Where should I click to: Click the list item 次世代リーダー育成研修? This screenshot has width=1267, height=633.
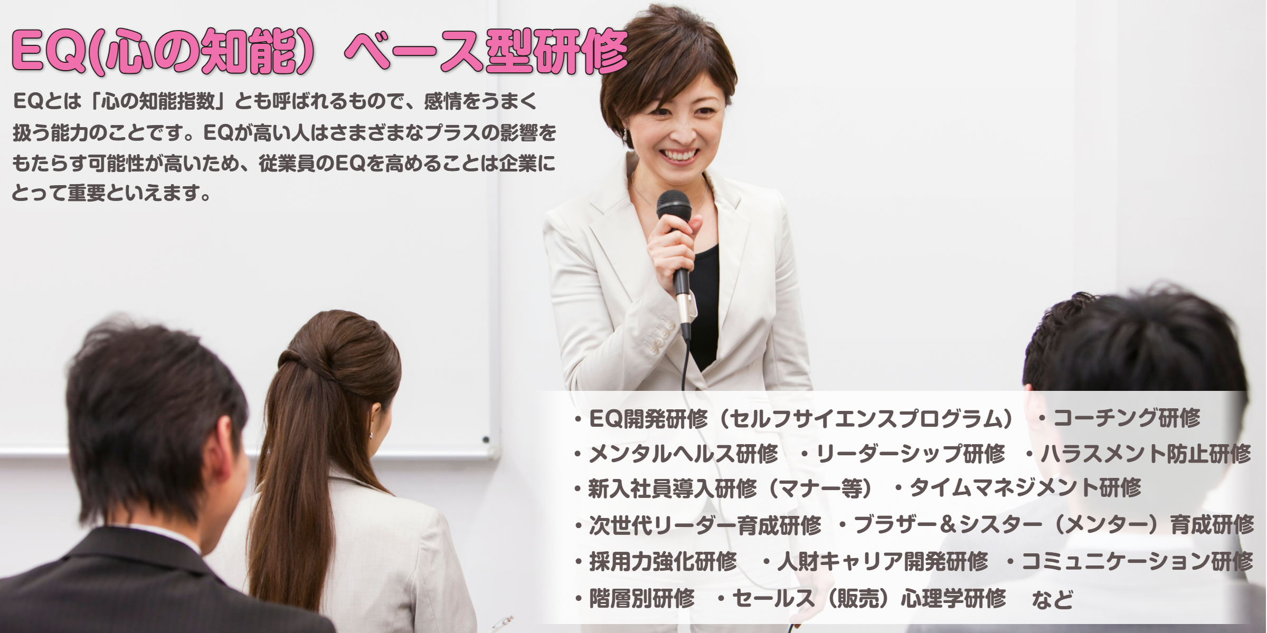705,525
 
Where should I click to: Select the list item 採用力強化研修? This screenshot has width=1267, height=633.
663,562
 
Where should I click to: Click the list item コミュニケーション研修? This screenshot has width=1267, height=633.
1138,562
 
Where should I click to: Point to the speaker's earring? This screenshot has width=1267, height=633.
626,136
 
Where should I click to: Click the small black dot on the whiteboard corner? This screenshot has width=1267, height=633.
486,439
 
